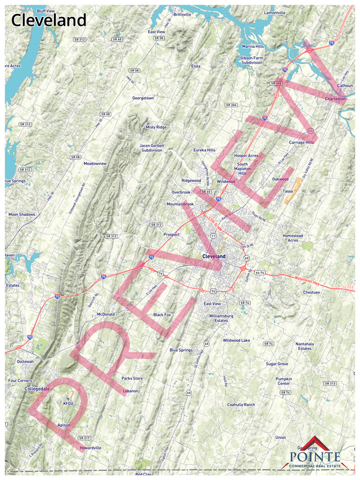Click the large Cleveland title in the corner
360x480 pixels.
click(x=49, y=21)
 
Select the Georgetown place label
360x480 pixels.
click(x=143, y=98)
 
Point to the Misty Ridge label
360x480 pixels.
click(x=156, y=127)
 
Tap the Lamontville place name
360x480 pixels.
click(x=275, y=12)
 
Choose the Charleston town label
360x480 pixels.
click(x=335, y=98)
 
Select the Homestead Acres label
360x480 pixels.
click(x=292, y=238)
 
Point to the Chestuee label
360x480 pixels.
click(x=311, y=293)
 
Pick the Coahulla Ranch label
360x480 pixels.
click(x=241, y=405)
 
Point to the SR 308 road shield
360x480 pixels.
click(x=276, y=83)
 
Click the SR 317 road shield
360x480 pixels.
click(x=84, y=438)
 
